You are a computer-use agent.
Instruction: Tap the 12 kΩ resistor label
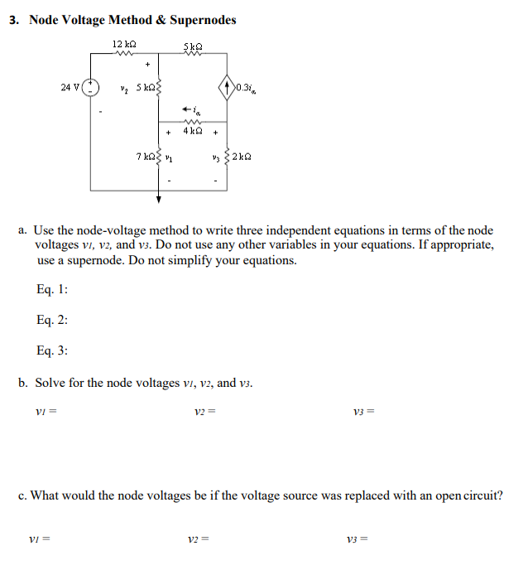click(x=125, y=43)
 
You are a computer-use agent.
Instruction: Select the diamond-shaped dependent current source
click(x=227, y=85)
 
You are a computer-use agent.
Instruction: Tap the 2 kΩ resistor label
click(x=242, y=157)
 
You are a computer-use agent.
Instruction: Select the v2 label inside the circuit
click(x=124, y=87)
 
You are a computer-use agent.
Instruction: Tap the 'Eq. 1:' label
click(x=53, y=289)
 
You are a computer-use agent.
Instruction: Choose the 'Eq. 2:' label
click(x=53, y=320)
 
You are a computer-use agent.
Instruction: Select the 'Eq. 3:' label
click(x=53, y=350)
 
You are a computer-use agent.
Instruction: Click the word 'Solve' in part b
click(x=50, y=383)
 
